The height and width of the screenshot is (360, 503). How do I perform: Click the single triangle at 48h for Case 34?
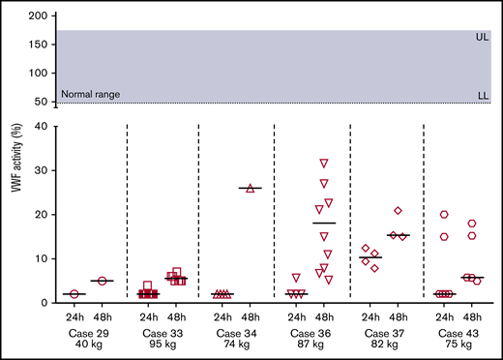[251, 188]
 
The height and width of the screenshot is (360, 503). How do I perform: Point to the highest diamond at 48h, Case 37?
[398, 211]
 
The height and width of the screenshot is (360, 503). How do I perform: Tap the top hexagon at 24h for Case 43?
[444, 215]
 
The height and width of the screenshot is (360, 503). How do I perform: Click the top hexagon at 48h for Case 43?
[472, 224]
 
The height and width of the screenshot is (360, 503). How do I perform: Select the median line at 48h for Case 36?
[324, 224]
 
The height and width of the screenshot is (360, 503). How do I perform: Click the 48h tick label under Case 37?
[398, 315]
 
